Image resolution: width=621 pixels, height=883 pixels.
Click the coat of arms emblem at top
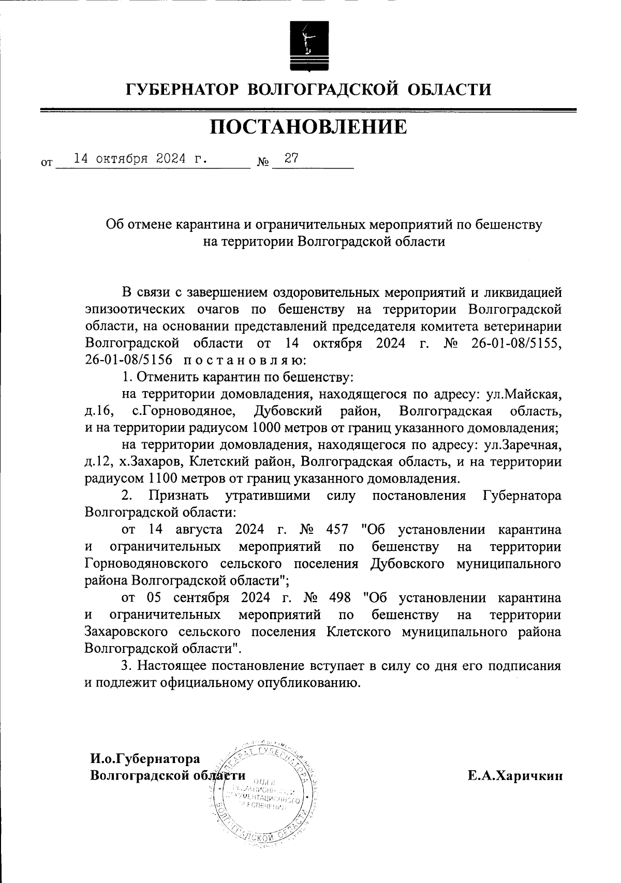tap(308, 46)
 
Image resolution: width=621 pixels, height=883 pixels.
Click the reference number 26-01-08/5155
tap(517, 344)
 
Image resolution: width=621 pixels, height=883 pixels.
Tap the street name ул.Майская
tap(523, 394)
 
